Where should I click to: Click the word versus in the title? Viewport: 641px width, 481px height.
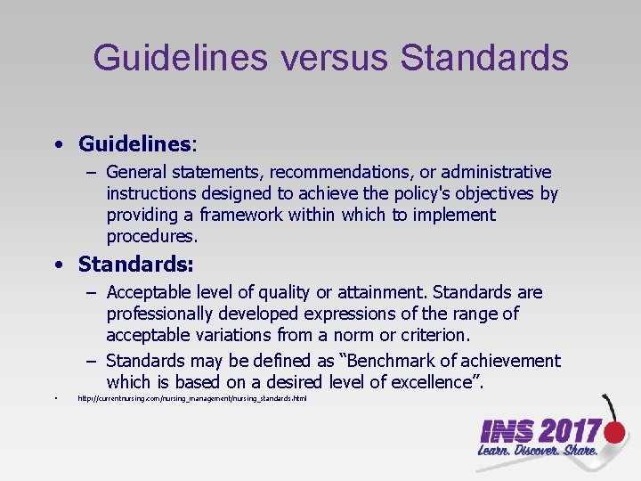tap(334, 58)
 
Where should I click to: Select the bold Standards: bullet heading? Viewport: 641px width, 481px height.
tap(136, 265)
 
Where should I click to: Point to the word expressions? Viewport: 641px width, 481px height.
tap(346, 314)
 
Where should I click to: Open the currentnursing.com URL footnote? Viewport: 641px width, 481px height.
tap(192, 399)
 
